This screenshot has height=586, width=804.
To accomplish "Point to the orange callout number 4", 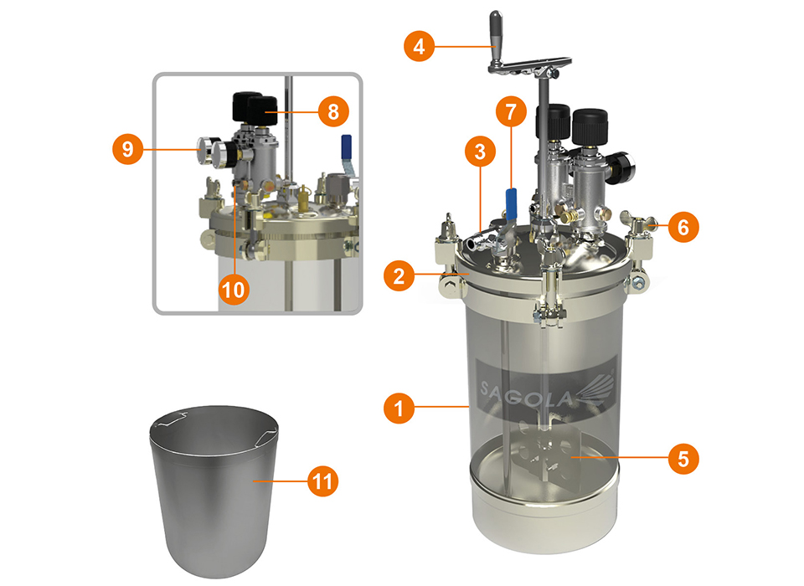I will pos(418,45).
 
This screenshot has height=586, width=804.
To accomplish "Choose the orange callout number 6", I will pos(683,226).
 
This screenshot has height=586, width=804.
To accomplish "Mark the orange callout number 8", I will pos(332,111).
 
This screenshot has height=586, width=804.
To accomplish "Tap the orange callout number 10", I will pos(234,289).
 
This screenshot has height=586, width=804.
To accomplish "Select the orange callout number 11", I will pos(324,481).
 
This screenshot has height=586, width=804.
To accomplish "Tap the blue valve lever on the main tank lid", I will pos(510,203).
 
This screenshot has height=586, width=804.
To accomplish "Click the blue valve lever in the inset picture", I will pos(344,149).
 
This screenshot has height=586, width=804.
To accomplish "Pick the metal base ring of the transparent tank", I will pos(545,511).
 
